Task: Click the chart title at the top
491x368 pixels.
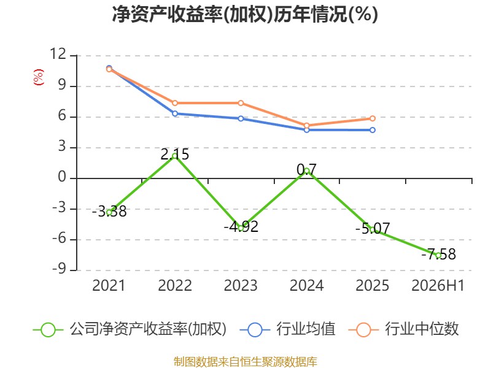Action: [x=245, y=14]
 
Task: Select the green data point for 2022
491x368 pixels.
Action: [x=175, y=156]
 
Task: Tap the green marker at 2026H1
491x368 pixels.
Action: [x=438, y=255]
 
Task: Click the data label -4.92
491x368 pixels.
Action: [x=241, y=226]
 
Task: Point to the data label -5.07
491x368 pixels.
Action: [x=373, y=228]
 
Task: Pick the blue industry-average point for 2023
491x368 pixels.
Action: [x=241, y=118]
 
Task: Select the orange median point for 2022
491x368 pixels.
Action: [x=175, y=103]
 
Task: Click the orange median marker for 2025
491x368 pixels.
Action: [x=373, y=118]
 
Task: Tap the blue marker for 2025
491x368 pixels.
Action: [x=373, y=130]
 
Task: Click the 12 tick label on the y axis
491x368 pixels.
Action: [x=58, y=54]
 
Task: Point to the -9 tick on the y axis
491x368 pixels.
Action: [x=59, y=269]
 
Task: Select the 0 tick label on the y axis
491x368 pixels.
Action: [x=63, y=177]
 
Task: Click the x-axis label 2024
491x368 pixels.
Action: [x=306, y=286]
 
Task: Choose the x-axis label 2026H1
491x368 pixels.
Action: [x=438, y=286]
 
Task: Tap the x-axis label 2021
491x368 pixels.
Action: [x=109, y=286]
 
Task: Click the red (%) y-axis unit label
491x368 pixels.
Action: [x=39, y=77]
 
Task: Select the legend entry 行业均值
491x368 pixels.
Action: [x=288, y=329]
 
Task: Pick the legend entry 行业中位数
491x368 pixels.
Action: [x=404, y=329]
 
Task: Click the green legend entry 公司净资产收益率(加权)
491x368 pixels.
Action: [x=130, y=329]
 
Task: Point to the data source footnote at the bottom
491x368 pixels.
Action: [x=245, y=362]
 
